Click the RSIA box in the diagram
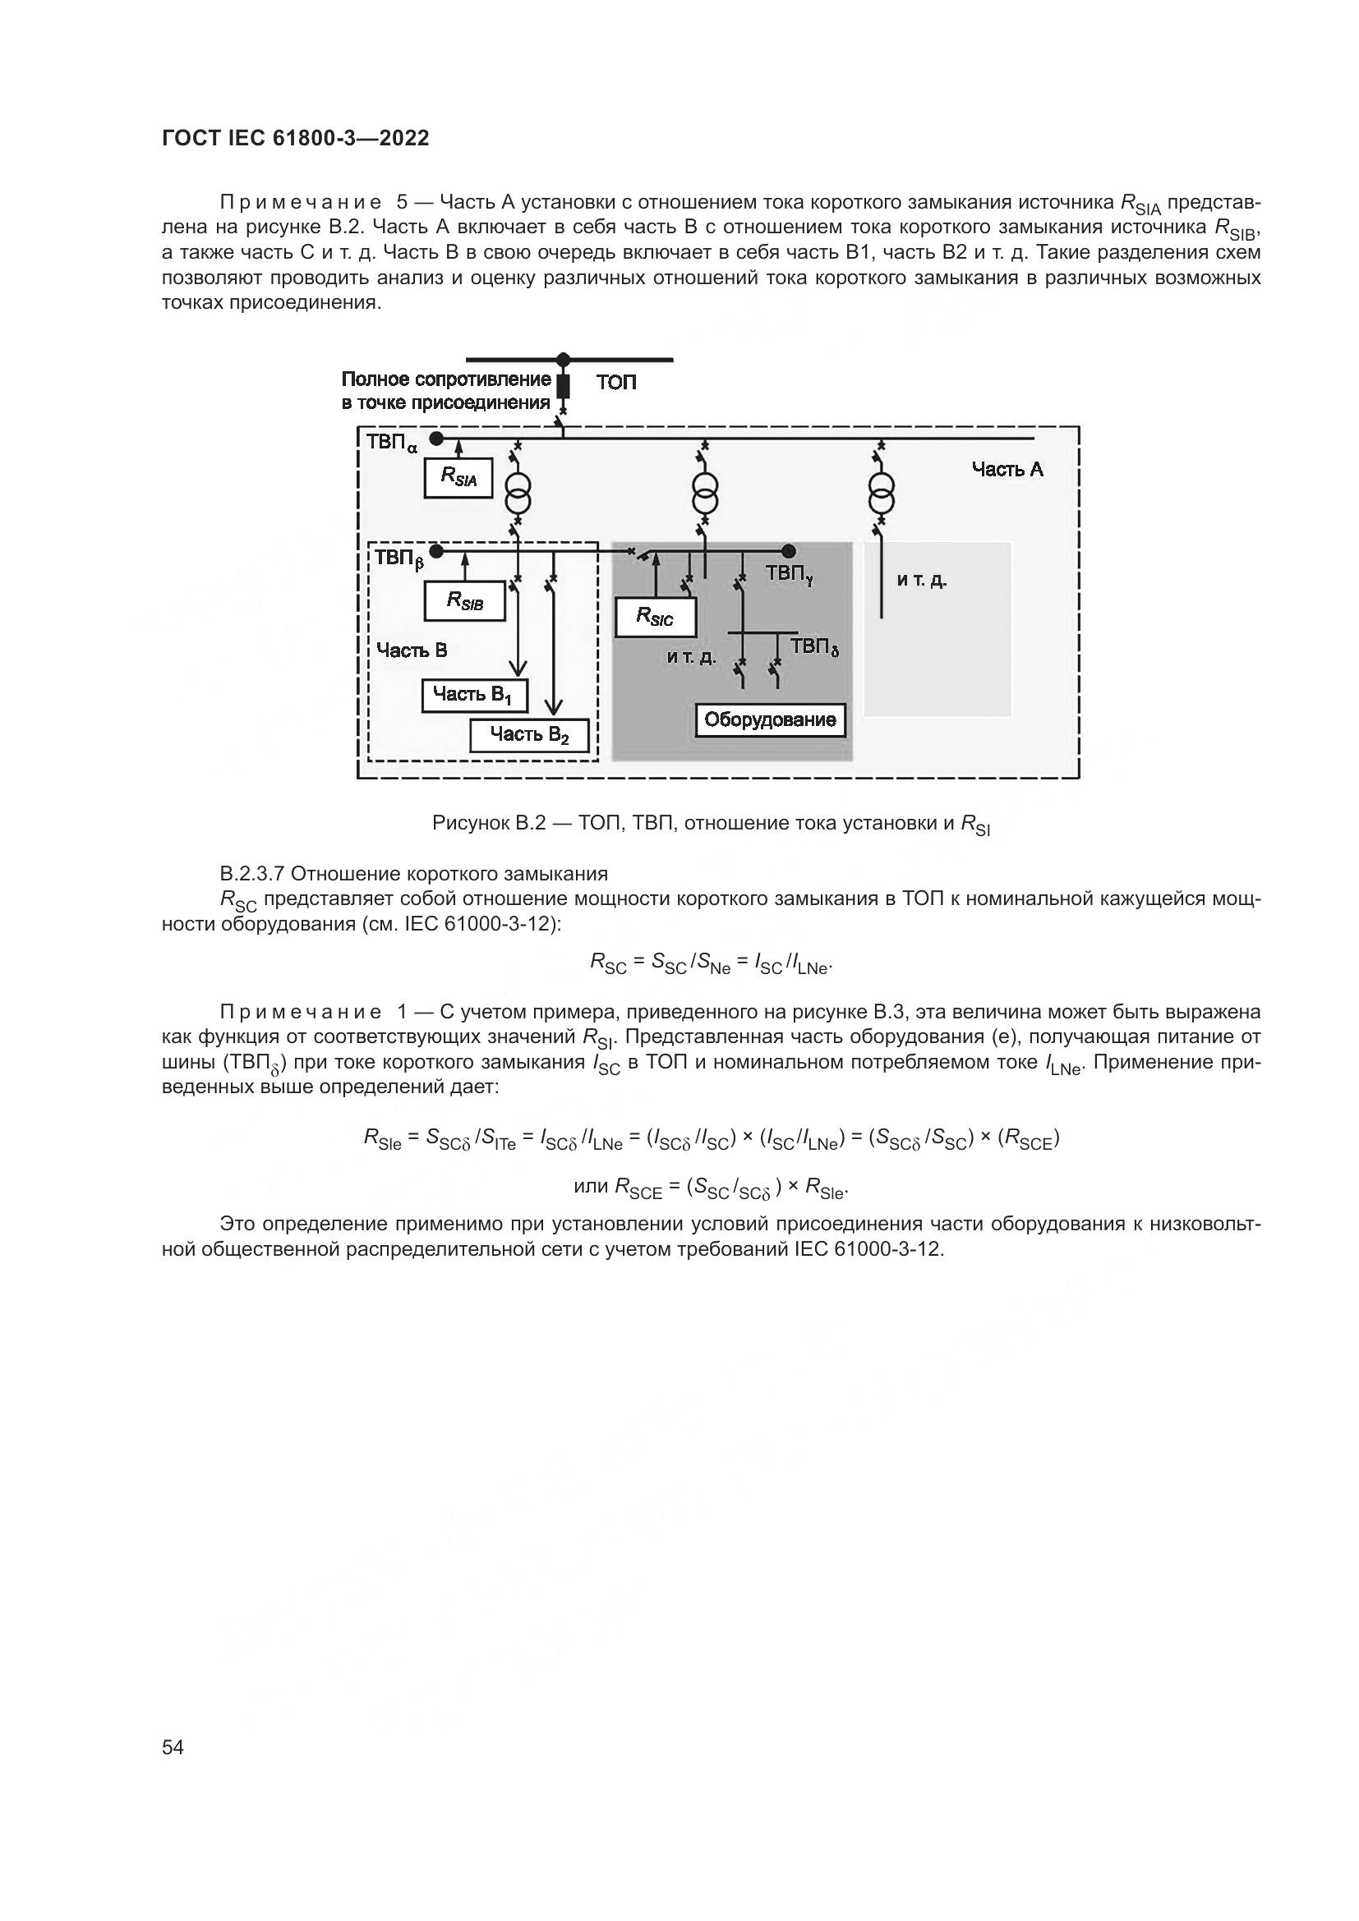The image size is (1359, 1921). [x=458, y=478]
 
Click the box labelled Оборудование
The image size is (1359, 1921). [x=770, y=719]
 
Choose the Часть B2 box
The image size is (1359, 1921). [x=529, y=735]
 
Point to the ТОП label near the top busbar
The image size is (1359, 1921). [x=616, y=383]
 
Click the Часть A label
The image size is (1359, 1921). [x=1007, y=470]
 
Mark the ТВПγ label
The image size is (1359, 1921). [x=789, y=574]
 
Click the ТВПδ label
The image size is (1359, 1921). [x=814, y=646]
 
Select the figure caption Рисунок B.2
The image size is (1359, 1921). [x=711, y=824]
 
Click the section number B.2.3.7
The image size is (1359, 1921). [x=252, y=875]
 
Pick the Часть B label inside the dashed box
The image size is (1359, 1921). [x=411, y=650]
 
